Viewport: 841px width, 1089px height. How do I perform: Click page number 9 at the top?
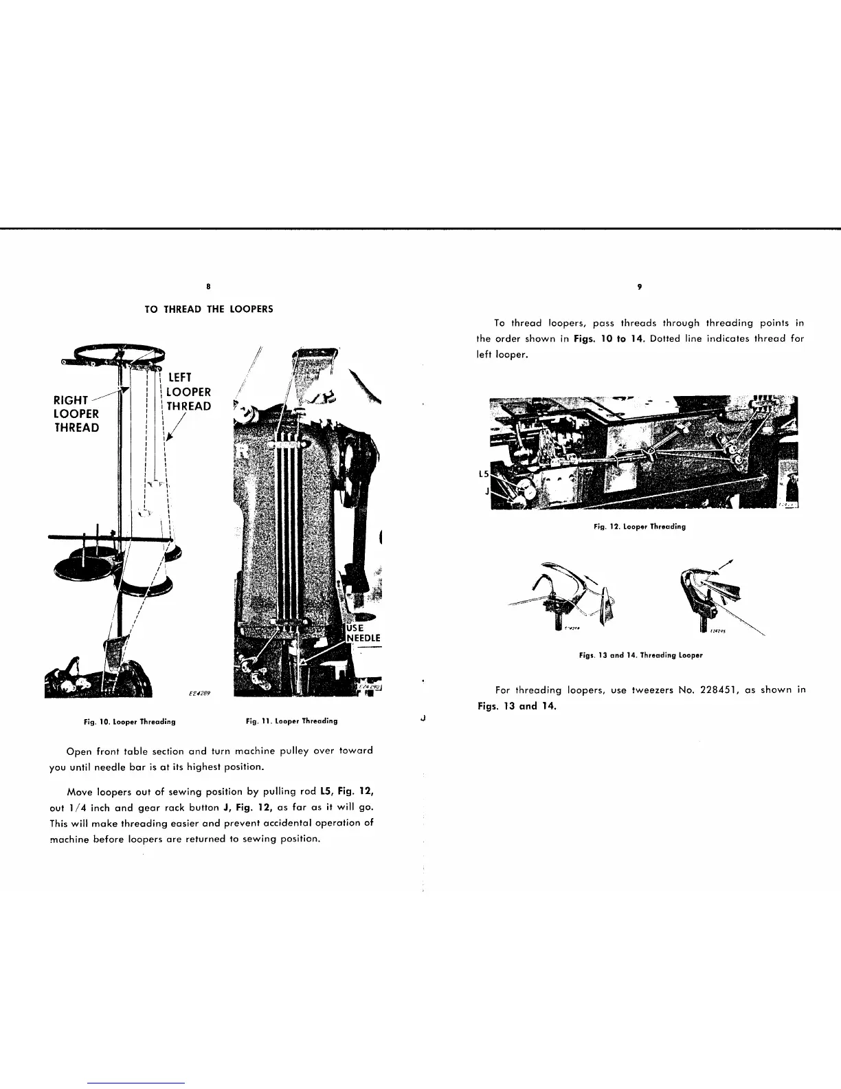(639, 287)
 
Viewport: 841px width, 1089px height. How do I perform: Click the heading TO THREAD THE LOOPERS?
(209, 309)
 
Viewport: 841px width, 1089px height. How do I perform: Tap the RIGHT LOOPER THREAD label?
(76, 414)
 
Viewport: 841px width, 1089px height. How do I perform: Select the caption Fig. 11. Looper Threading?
(291, 721)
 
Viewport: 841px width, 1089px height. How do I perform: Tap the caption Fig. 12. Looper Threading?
(640, 527)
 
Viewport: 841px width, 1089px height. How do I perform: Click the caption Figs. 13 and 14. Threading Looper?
(640, 655)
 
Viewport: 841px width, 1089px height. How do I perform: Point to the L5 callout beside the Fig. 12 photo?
(484, 474)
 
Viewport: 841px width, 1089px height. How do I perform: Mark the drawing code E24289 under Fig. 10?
(200, 694)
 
